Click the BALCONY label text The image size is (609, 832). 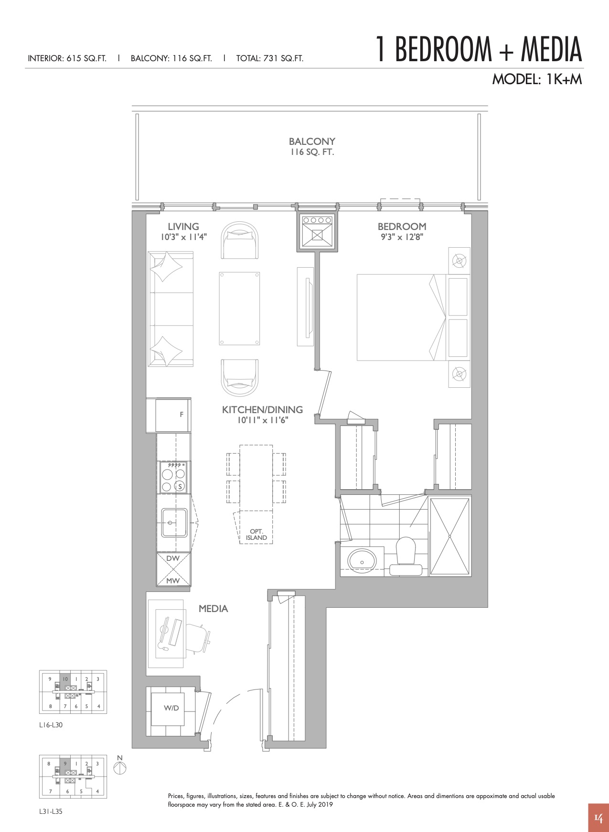click(x=312, y=142)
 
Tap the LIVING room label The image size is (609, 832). click(x=183, y=227)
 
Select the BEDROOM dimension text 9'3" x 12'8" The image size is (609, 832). click(x=402, y=237)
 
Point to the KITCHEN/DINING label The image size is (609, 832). click(x=262, y=410)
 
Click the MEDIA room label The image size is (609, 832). click(x=213, y=609)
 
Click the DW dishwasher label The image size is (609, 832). click(x=173, y=558)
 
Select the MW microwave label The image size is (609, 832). click(x=173, y=580)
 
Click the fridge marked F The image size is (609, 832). click(x=173, y=415)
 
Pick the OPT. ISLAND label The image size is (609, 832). click(x=256, y=535)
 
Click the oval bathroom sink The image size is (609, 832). click(x=362, y=559)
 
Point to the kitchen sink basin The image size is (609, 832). click(x=174, y=523)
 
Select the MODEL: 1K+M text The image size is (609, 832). click(x=537, y=79)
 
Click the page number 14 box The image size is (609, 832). click(x=598, y=818)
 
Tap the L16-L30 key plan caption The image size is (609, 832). click(x=51, y=725)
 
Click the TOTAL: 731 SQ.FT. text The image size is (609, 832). click(x=270, y=59)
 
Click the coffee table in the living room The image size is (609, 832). click(x=240, y=308)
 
